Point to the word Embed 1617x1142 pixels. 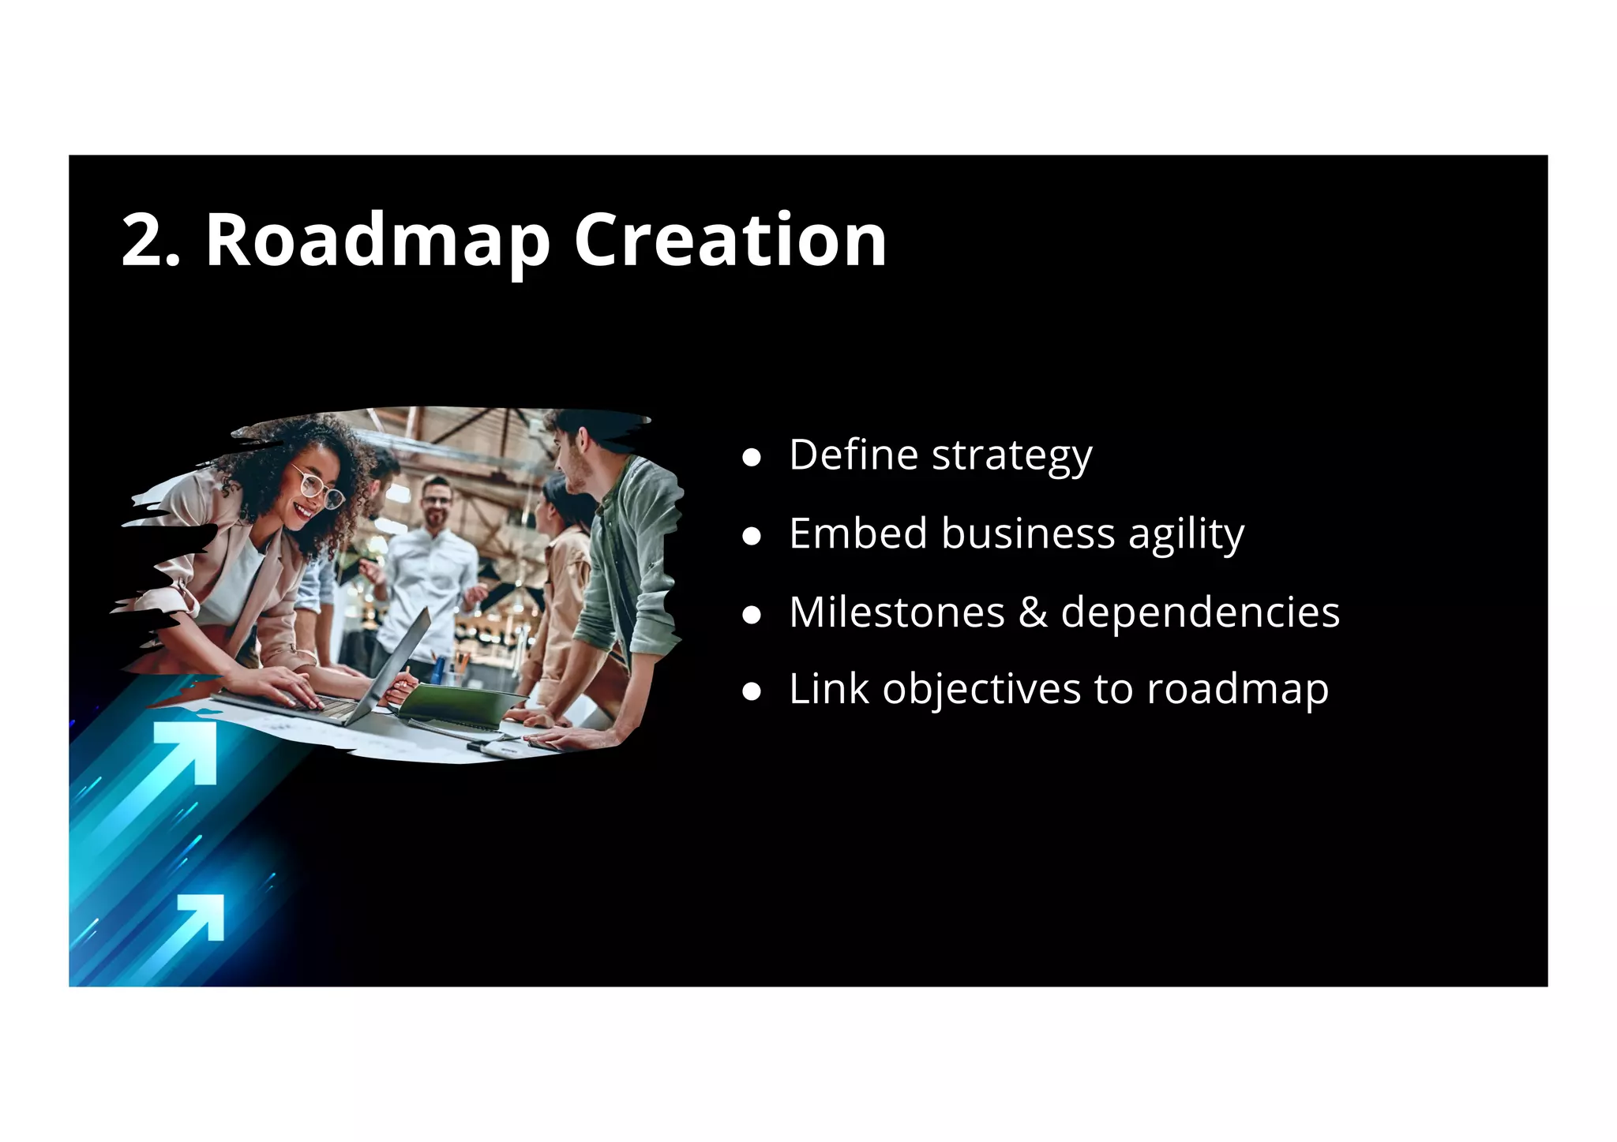858,534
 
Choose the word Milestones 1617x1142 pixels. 897,612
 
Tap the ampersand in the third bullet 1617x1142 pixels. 1033,613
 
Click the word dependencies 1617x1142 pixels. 1200,613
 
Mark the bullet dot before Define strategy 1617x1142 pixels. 752,458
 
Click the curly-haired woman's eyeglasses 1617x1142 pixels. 319,488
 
